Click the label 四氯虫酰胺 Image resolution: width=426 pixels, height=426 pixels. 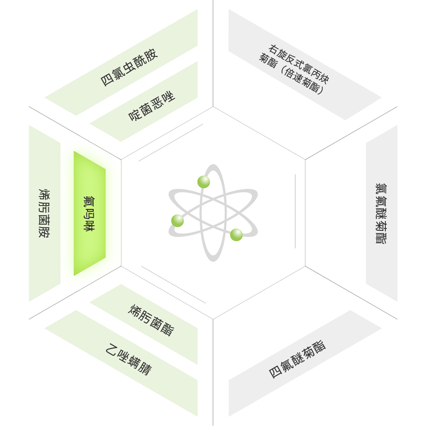(x=129, y=67)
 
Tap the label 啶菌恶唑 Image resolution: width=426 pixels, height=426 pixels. (x=152, y=106)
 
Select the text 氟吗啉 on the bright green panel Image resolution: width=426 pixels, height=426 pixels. (x=89, y=213)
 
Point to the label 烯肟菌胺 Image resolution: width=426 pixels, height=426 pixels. (x=44, y=213)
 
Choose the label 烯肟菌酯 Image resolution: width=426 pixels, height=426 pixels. (x=151, y=320)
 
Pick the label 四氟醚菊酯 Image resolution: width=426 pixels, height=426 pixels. (x=297, y=359)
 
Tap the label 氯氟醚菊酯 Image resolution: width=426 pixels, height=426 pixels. (x=381, y=213)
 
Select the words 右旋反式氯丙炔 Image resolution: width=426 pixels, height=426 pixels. (x=299, y=64)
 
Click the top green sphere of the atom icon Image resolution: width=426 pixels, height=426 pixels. (x=203, y=182)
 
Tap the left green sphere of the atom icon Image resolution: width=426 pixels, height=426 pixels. (x=178, y=221)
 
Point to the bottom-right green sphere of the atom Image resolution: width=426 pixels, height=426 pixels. (x=236, y=235)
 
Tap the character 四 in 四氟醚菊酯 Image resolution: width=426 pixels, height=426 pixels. (x=275, y=372)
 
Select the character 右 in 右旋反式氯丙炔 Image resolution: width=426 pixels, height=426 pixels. (x=274, y=50)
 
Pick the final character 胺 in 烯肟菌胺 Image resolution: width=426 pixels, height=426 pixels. (x=44, y=232)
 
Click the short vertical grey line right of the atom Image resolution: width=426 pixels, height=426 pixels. (x=295, y=211)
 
